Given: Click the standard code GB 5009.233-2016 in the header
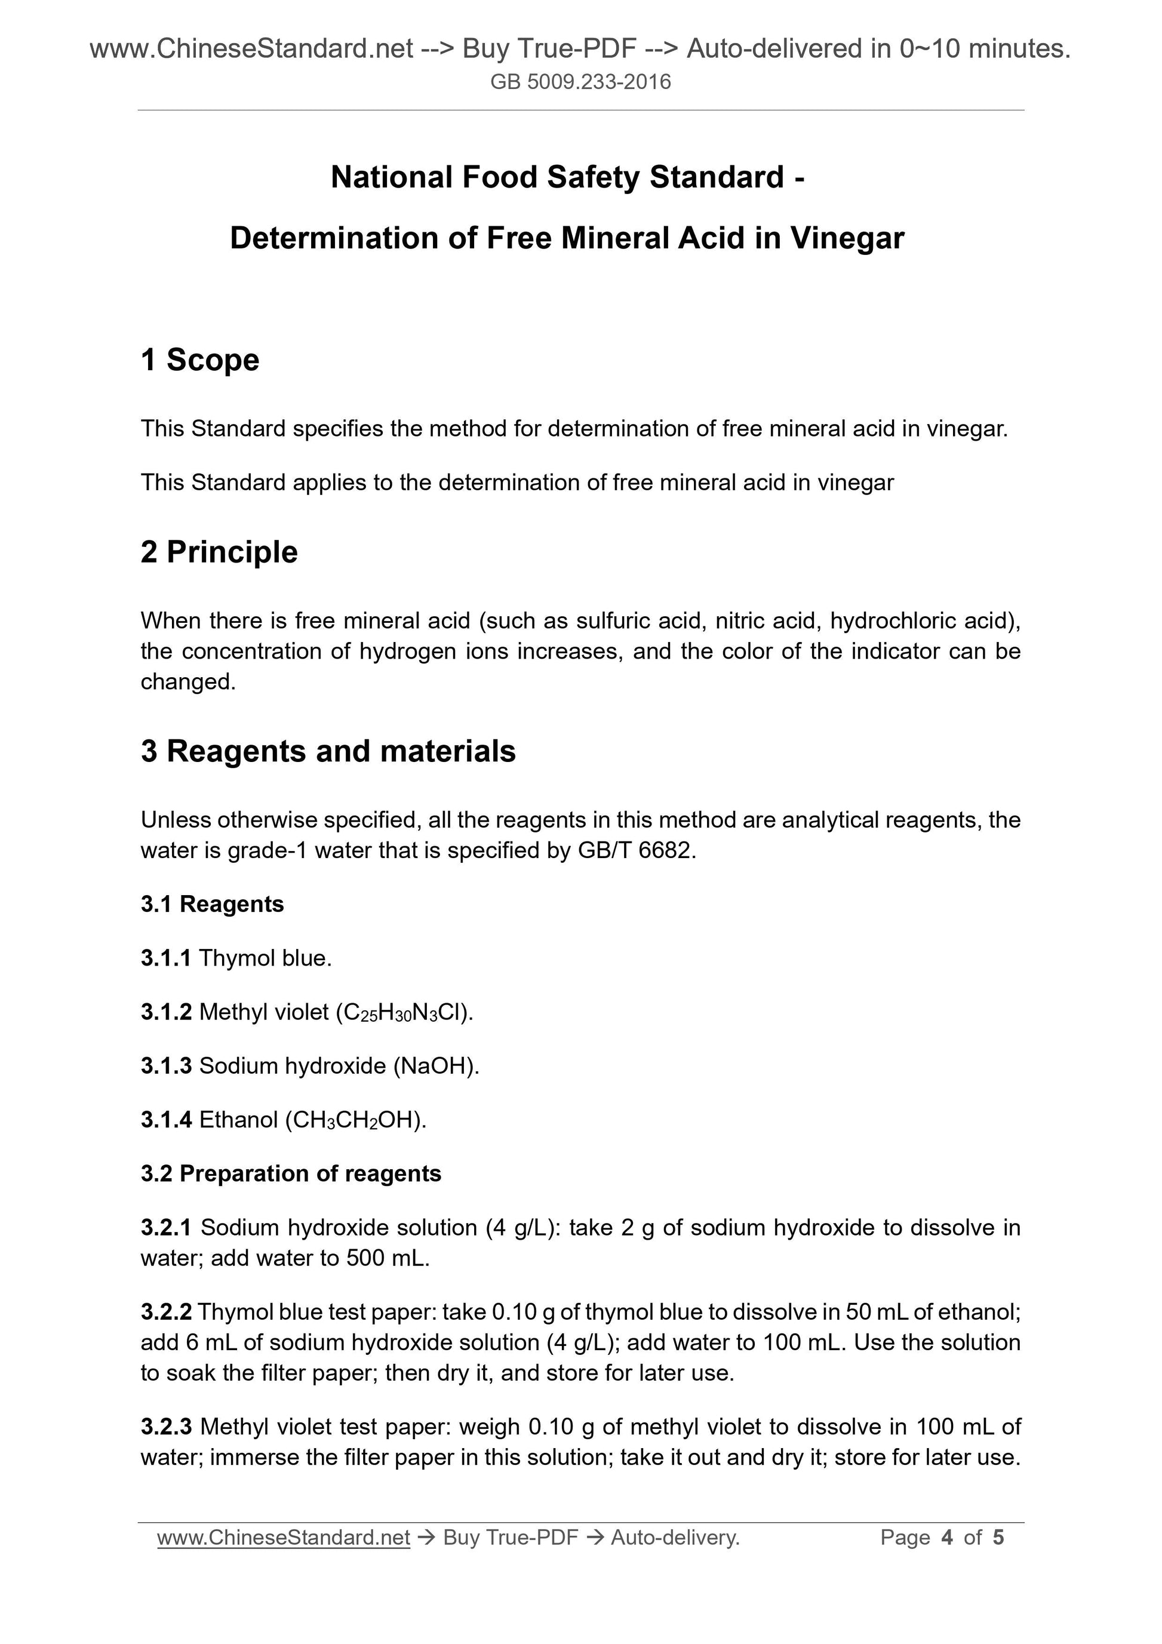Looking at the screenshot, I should pyautogui.click(x=580, y=82).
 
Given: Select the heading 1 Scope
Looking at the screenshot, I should pyautogui.click(x=200, y=359).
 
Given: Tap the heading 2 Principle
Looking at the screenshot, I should pyautogui.click(x=219, y=552).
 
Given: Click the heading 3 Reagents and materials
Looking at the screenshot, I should pyautogui.click(x=328, y=751).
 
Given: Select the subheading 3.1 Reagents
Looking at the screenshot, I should pyautogui.click(x=212, y=904).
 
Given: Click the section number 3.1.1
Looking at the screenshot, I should pyautogui.click(x=166, y=958).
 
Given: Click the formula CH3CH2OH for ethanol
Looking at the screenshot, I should pyautogui.click(x=355, y=1120).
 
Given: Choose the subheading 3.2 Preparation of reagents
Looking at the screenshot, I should pyautogui.click(x=291, y=1173).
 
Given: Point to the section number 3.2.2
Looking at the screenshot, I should pyautogui.click(x=166, y=1312).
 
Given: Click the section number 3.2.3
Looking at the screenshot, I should pyautogui.click(x=166, y=1427).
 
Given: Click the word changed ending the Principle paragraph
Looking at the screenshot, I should pyautogui.click(x=187, y=681).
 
